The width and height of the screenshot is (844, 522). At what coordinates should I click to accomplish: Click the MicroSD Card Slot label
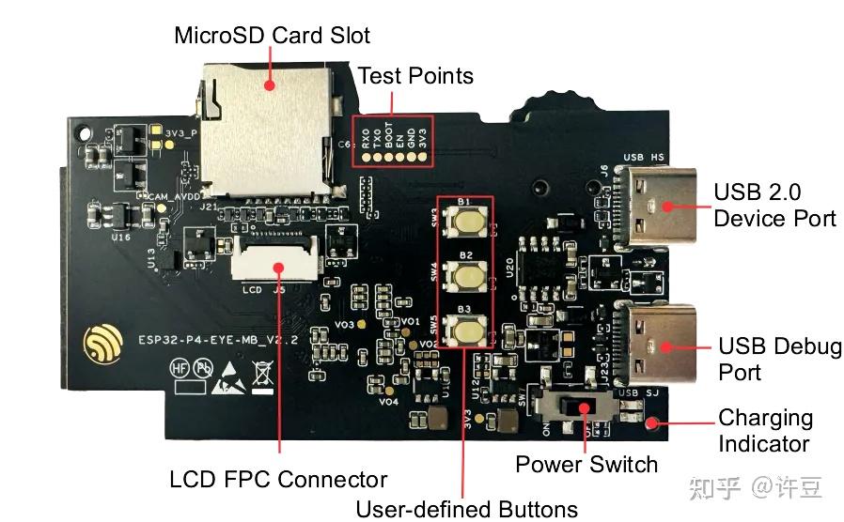click(x=272, y=36)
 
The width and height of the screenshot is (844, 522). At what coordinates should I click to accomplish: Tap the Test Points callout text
click(x=415, y=75)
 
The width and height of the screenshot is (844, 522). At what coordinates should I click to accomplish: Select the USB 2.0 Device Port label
click(x=774, y=206)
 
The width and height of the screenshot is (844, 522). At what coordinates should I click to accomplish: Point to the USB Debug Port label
click(x=779, y=359)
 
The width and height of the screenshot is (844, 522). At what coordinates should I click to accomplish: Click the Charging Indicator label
click(x=765, y=430)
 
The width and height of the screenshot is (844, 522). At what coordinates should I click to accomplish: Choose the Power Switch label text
click(x=586, y=465)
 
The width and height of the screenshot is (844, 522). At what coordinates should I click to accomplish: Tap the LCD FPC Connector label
click(x=278, y=480)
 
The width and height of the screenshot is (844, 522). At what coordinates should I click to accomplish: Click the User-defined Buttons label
click(x=466, y=510)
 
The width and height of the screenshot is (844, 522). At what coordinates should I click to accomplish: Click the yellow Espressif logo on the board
click(x=102, y=344)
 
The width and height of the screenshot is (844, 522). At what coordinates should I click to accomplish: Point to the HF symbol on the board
click(x=180, y=368)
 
